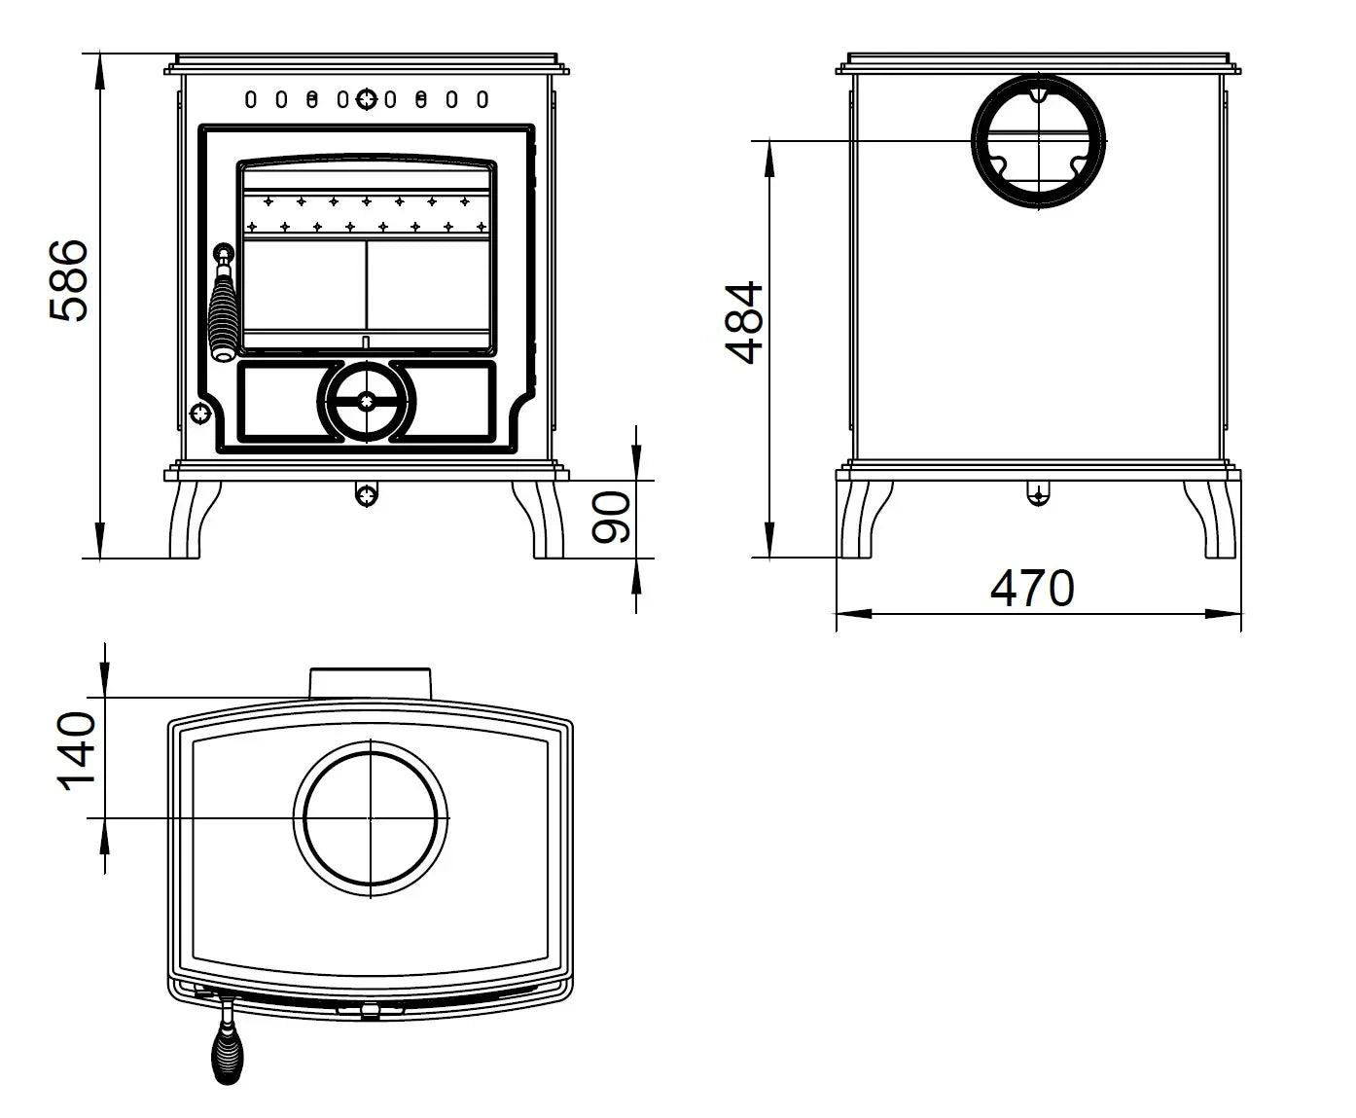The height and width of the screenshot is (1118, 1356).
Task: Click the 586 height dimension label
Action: [x=70, y=281]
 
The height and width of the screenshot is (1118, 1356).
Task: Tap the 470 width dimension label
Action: [x=1032, y=588]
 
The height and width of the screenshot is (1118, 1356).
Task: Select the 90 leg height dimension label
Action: [x=614, y=517]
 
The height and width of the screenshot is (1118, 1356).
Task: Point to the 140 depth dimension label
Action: [x=78, y=752]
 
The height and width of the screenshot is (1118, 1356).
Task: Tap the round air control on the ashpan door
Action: [x=367, y=400]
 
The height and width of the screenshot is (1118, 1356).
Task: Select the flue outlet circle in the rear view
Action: [x=1039, y=140]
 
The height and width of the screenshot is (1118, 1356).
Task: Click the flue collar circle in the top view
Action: [x=371, y=818]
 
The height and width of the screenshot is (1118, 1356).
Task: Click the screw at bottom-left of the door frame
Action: [x=200, y=414]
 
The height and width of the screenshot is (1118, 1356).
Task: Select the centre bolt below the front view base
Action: [x=367, y=495]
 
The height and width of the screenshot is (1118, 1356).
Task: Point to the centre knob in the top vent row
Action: [x=367, y=98]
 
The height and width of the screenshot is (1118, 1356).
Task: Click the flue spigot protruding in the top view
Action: [x=370, y=683]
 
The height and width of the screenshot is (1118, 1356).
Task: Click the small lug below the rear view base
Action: [x=1038, y=495]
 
